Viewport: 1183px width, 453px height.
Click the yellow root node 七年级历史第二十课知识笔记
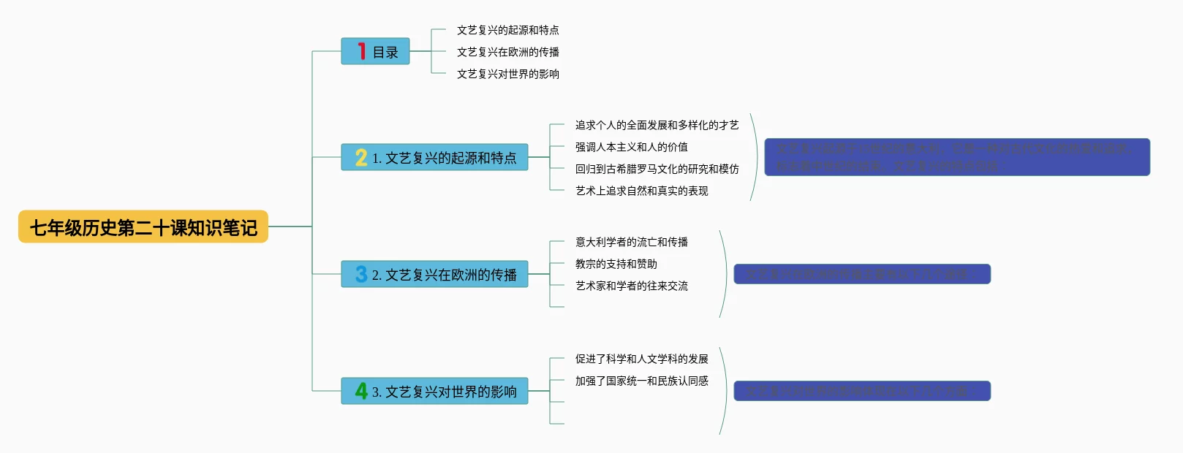(143, 227)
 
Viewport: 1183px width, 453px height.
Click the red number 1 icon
(361, 51)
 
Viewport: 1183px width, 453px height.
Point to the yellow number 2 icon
(361, 158)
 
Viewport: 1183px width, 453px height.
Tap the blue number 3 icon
(361, 274)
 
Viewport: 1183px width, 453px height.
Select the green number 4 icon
(361, 391)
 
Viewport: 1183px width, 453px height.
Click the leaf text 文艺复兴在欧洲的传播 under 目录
(507, 52)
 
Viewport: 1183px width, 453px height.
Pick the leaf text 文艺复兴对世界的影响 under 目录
(507, 74)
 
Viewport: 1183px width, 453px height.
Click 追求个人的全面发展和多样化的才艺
(657, 125)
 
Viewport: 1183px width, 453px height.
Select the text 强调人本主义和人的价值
(631, 147)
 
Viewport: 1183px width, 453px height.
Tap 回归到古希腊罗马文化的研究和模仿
(657, 169)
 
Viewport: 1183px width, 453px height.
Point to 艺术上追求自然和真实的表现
(641, 191)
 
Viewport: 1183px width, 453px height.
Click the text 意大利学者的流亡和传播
(631, 242)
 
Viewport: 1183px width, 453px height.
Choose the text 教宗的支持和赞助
(616, 264)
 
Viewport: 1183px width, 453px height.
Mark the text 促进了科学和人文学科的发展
(641, 359)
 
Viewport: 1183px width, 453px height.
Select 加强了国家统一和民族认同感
(641, 381)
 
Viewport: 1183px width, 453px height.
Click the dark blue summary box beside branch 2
(861, 274)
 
